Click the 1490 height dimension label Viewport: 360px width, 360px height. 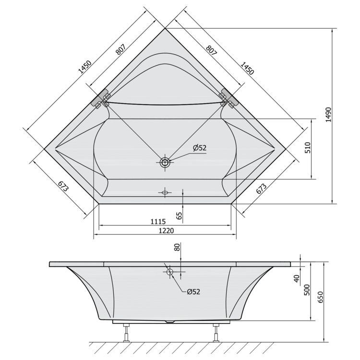[328, 115]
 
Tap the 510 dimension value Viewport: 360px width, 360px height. [308, 148]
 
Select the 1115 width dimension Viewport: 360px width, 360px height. [158, 222]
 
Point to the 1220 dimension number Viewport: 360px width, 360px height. [166, 230]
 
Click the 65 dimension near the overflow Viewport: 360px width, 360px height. [179, 216]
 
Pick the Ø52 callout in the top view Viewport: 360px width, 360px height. [200, 148]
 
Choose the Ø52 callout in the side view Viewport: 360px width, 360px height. [193, 292]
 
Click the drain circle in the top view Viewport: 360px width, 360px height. [165, 162]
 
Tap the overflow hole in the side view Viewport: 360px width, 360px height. [169, 272]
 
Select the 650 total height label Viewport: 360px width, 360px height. [321, 297]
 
